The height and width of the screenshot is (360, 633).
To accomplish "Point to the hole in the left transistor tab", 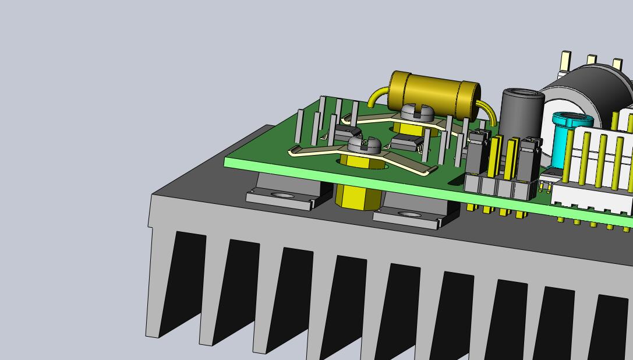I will point(283,196).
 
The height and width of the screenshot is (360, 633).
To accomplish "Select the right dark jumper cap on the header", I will point(531,156).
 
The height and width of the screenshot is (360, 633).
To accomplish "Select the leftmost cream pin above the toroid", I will point(565,60).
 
